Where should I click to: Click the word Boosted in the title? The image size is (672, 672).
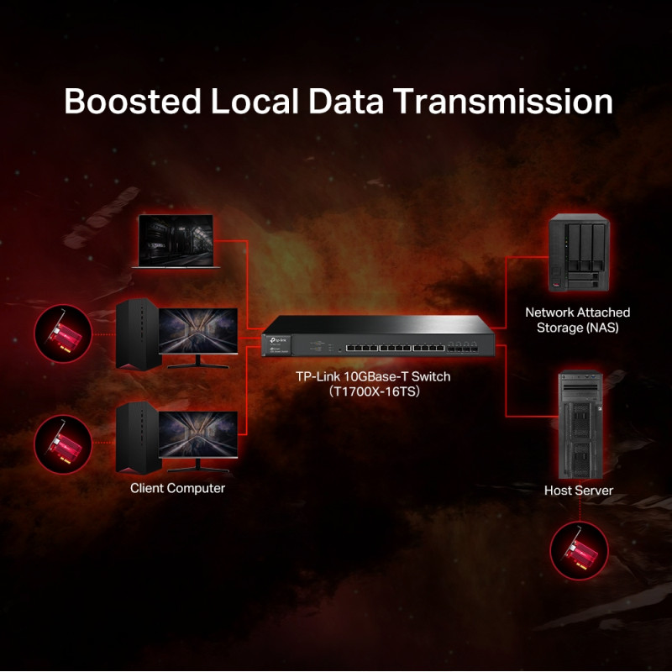click(133, 102)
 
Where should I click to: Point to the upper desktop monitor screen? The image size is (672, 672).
click(198, 331)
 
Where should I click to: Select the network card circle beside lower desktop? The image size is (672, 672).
click(63, 444)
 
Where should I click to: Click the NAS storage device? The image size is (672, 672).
click(577, 253)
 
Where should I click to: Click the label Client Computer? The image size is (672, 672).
click(177, 488)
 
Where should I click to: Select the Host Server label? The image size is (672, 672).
click(579, 491)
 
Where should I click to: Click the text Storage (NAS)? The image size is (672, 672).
click(577, 328)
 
